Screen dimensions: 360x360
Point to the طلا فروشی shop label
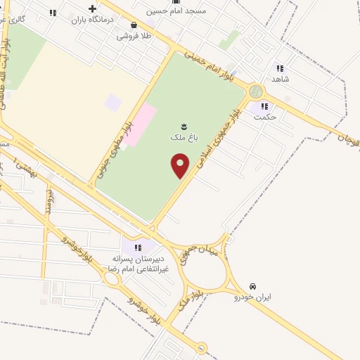[x=134, y=34]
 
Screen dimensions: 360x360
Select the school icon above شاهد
[x=280, y=68]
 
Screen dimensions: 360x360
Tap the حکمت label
[x=265, y=117]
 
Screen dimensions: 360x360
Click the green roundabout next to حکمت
[x=255, y=91]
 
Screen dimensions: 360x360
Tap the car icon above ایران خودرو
[x=252, y=286]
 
